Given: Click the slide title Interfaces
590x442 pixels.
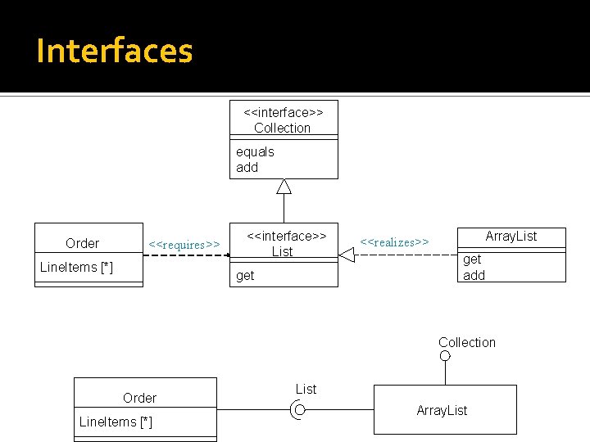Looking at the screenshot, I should tap(115, 51).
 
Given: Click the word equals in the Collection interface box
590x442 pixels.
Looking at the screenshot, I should tap(255, 151).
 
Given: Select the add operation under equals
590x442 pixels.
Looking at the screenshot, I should tap(247, 167).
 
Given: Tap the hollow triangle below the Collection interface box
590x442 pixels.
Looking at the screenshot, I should tap(284, 187).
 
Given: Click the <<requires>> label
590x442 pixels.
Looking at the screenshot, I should tap(184, 245).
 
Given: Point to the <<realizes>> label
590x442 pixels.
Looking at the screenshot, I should tap(395, 241).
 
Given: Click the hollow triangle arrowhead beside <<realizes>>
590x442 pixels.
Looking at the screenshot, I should tap(347, 255).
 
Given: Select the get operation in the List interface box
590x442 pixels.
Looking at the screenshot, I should tap(245, 276).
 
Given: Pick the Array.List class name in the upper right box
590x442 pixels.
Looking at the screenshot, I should tap(511, 237).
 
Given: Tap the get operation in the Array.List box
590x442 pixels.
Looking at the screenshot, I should tap(472, 259).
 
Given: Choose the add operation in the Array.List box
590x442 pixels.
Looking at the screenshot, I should tap(474, 275).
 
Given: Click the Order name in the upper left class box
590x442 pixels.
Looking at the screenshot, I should tap(82, 243).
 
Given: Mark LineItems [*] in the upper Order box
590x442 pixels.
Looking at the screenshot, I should tap(76, 268).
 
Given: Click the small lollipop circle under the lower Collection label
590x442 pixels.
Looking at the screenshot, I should tap(445, 356).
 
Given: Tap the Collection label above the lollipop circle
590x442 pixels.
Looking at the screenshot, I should tap(466, 342).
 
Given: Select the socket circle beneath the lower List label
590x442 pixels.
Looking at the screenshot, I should tap(300, 410).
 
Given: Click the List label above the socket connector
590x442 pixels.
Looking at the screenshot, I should tap(306, 389).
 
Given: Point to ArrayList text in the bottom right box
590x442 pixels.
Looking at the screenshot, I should tap(442, 410).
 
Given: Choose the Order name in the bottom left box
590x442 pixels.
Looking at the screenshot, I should tap(139, 398).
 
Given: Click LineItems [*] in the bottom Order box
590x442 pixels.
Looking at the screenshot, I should tap(116, 422).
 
